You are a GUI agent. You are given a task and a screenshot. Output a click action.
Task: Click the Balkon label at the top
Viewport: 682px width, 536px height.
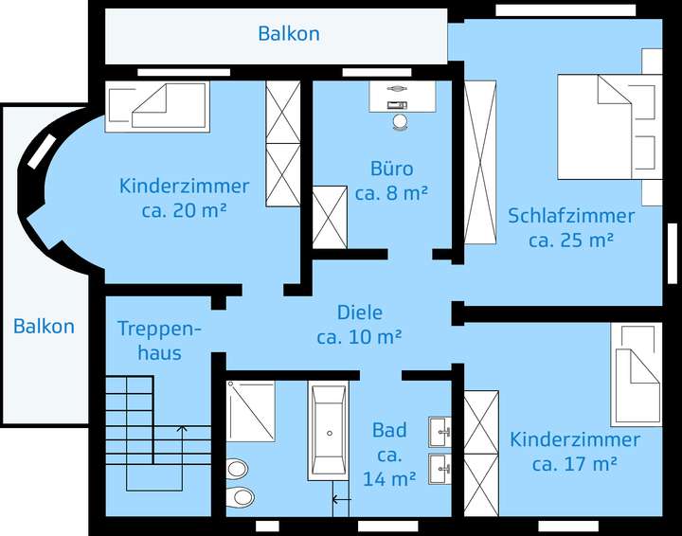tap(289, 34)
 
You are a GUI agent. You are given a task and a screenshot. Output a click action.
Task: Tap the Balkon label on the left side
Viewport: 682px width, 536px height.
tap(44, 327)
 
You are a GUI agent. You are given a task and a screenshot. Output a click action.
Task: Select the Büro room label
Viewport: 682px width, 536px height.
tap(391, 170)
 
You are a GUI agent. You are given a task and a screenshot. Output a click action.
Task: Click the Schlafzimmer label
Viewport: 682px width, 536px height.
tap(571, 216)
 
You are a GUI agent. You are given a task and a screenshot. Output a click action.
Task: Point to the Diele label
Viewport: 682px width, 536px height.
tap(360, 313)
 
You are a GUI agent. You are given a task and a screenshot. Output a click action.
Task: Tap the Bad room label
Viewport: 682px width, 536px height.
tap(389, 431)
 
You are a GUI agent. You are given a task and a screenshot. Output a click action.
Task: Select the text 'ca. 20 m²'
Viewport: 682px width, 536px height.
tap(184, 210)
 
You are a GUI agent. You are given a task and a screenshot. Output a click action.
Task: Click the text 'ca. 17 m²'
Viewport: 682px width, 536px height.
tap(575, 464)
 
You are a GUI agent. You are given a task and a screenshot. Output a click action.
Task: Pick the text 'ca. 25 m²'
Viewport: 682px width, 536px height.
tap(571, 241)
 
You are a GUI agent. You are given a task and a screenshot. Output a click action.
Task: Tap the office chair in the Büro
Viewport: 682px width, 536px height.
tap(399, 121)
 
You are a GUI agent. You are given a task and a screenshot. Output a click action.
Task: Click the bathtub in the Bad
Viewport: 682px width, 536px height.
tap(330, 431)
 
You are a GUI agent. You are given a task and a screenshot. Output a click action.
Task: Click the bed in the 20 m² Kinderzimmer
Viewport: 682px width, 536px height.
tap(156, 105)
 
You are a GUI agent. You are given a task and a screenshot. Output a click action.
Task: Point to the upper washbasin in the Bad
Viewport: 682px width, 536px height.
tap(440, 432)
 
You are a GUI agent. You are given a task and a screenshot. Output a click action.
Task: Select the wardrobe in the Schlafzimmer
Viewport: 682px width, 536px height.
tap(479, 160)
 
